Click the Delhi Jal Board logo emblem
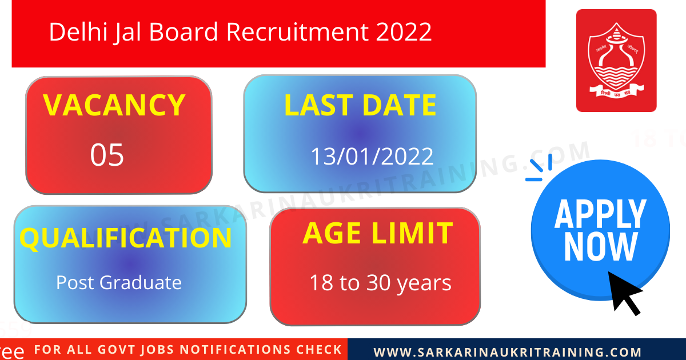(x=616, y=60)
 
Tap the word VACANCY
(x=114, y=105)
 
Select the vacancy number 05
(x=107, y=155)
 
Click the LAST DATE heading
(x=360, y=106)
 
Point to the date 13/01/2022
(x=372, y=157)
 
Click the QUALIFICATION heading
(x=126, y=238)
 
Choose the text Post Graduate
(x=119, y=282)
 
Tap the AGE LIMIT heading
(x=377, y=234)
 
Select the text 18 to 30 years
(x=380, y=283)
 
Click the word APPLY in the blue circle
(x=600, y=215)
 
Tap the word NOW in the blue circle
(x=600, y=247)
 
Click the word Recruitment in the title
(x=298, y=32)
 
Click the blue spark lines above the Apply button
(x=539, y=168)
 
